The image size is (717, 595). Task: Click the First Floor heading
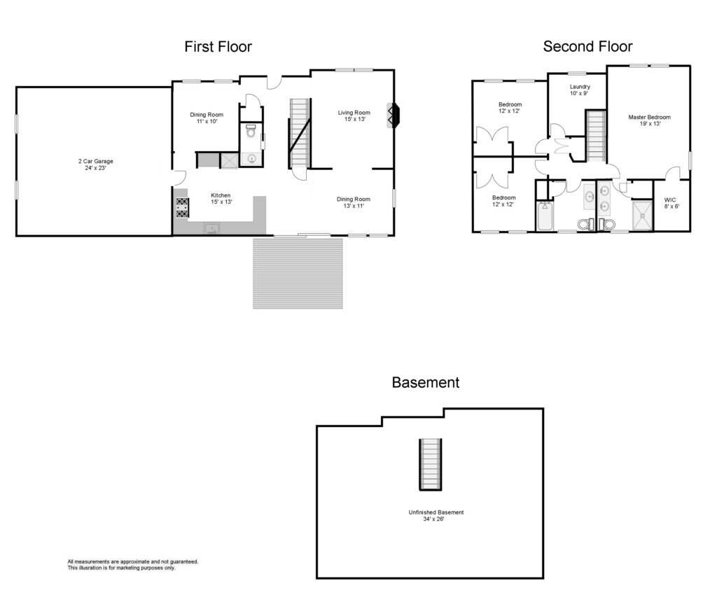[218, 47]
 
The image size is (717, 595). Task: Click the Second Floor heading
[587, 46]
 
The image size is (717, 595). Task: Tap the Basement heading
[425, 382]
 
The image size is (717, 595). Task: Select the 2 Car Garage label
[95, 164]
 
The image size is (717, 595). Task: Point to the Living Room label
[354, 116]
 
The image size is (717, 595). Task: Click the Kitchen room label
[221, 198]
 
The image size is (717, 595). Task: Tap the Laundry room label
[579, 90]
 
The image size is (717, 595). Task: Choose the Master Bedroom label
[649, 120]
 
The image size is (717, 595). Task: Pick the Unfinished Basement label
[436, 515]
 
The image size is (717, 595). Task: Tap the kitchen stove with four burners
[183, 207]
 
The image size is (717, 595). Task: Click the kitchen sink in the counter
[211, 228]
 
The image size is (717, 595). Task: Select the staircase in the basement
[431, 465]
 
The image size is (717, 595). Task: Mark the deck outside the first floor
[298, 273]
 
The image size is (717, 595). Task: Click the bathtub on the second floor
[545, 216]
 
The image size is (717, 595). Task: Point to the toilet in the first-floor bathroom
[251, 131]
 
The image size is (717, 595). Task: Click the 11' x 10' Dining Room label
[207, 118]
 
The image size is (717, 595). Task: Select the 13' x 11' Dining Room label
[354, 202]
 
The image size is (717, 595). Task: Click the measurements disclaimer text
[132, 565]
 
